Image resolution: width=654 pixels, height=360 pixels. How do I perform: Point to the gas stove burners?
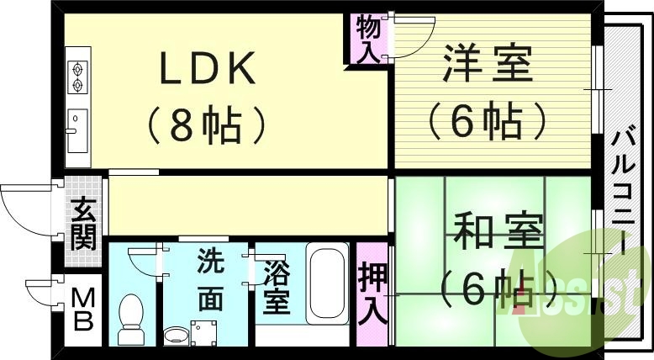coord(77,76)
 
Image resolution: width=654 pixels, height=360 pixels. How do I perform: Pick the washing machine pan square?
coord(203,333)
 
